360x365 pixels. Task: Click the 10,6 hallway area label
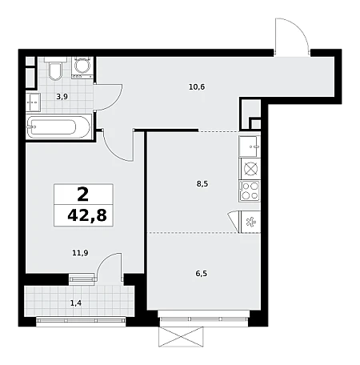click(x=197, y=87)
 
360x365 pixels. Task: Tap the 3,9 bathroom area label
click(x=62, y=97)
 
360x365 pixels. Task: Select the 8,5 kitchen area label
click(x=202, y=184)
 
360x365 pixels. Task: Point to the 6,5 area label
click(x=202, y=274)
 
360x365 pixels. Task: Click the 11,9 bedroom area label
click(x=80, y=253)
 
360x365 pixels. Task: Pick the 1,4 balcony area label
click(x=76, y=303)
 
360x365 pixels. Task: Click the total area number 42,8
click(x=87, y=215)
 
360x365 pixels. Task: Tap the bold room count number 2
click(x=83, y=195)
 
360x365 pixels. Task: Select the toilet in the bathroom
click(x=55, y=69)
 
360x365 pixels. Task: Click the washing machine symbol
click(x=82, y=67)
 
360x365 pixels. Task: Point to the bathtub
click(x=59, y=127)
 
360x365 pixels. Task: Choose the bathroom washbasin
click(x=33, y=102)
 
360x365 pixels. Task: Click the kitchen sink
click(x=250, y=146)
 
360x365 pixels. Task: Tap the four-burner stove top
click(x=250, y=191)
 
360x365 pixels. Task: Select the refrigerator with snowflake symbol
click(x=250, y=222)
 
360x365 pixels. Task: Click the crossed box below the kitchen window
click(x=181, y=337)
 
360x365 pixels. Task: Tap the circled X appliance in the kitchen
click(x=251, y=169)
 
